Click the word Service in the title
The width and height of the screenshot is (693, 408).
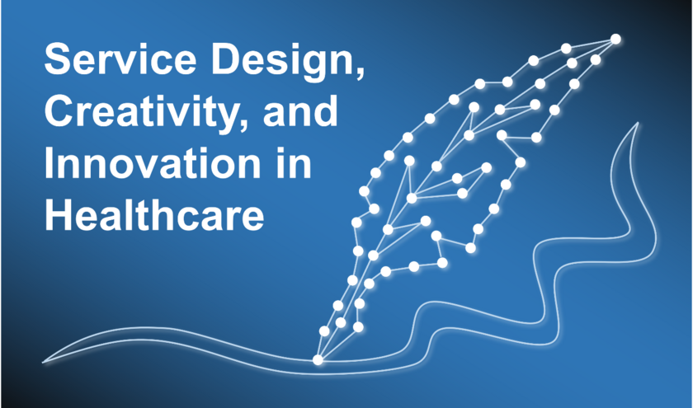pos(120,59)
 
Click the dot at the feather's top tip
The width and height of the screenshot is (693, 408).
pos(615,40)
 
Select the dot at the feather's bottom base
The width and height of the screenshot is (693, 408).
pos(318,360)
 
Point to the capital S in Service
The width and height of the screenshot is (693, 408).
pos(59,59)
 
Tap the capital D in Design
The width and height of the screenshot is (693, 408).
pos(227,59)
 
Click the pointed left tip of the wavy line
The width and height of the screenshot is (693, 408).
pos(43,363)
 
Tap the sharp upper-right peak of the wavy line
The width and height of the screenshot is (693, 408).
pos(638,123)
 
